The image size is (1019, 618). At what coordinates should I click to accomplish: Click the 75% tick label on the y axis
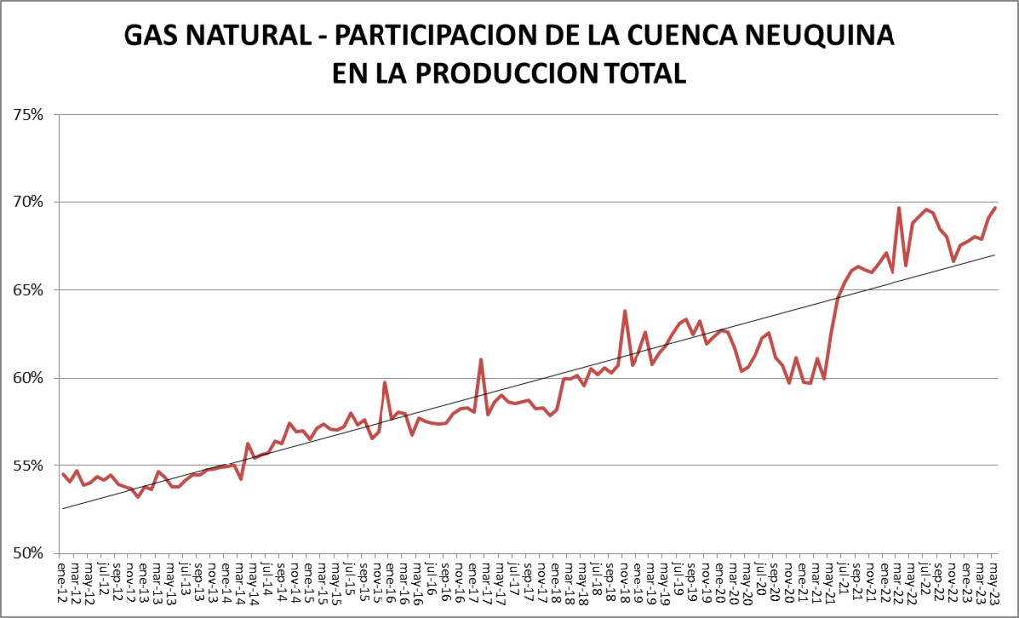pyautogui.click(x=27, y=115)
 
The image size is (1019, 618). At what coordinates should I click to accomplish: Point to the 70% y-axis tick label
pyautogui.click(x=27, y=202)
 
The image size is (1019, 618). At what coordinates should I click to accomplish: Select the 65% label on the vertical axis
pyautogui.click(x=27, y=290)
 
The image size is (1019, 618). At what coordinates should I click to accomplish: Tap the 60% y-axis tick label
pyautogui.click(x=27, y=378)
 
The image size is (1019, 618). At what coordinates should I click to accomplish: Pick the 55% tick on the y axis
pyautogui.click(x=27, y=465)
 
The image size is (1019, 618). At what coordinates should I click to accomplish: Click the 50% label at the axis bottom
pyautogui.click(x=27, y=553)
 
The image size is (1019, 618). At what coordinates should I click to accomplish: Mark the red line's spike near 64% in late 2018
pyautogui.click(x=625, y=311)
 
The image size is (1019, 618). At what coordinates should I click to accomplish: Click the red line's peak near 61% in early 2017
pyautogui.click(x=481, y=360)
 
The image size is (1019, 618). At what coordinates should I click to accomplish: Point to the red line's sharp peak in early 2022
pyautogui.click(x=899, y=208)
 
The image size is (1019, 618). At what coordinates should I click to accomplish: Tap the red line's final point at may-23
pyautogui.click(x=995, y=207)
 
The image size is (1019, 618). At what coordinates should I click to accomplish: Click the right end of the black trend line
pyautogui.click(x=995, y=255)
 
